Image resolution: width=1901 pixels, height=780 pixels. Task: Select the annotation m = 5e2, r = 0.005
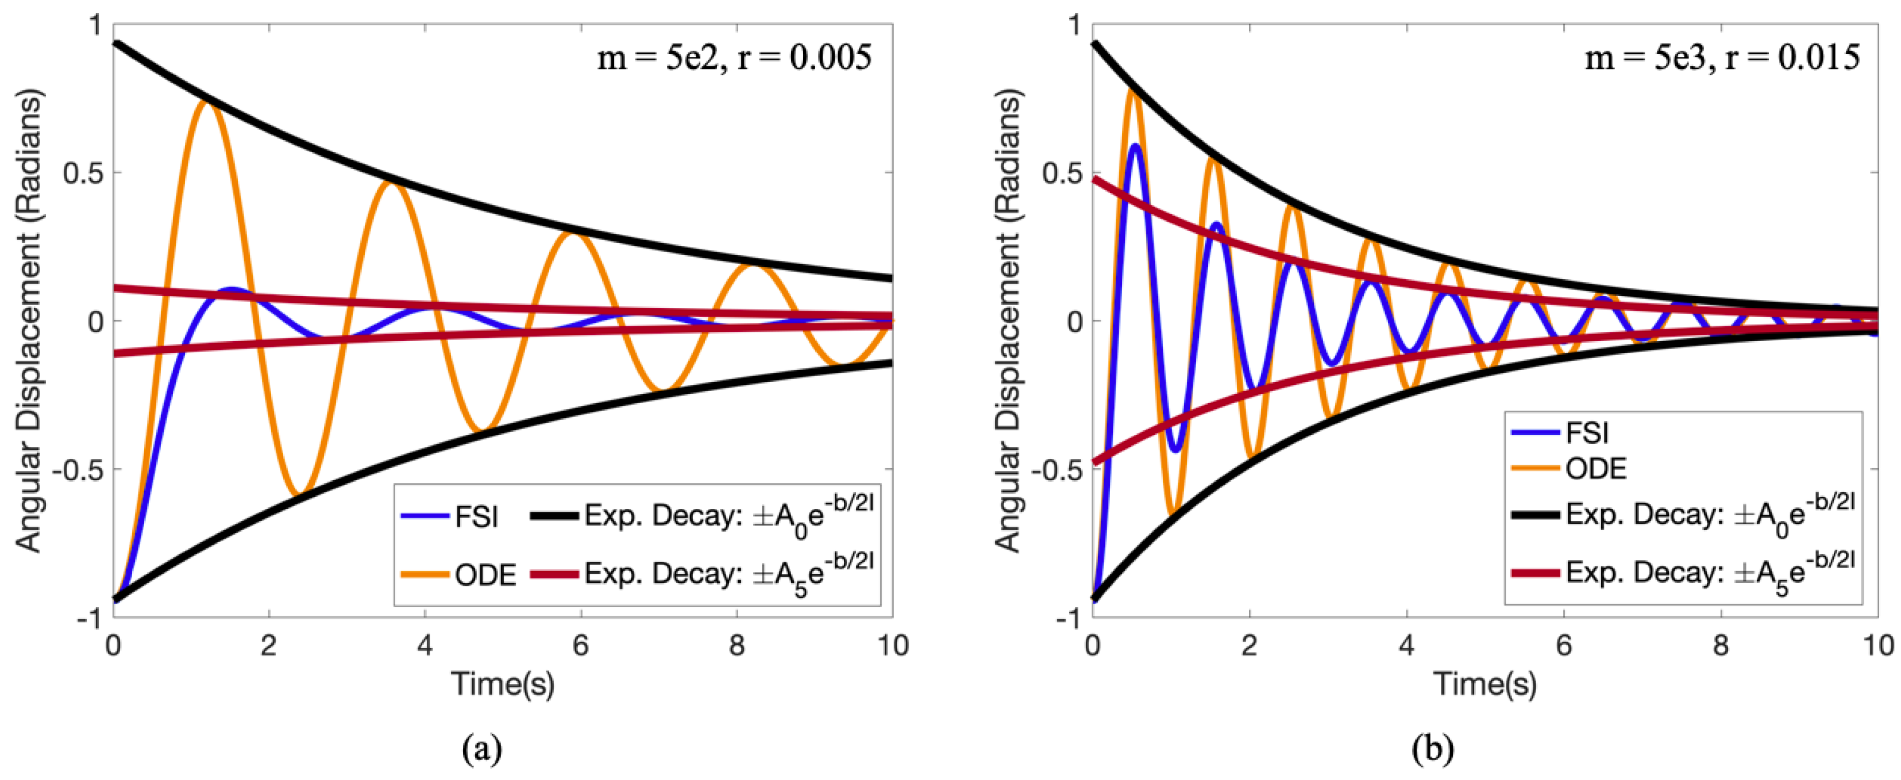pos(734,57)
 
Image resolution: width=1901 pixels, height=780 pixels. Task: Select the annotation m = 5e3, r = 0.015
pos(1722,57)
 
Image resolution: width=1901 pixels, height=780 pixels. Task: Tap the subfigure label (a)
pos(482,749)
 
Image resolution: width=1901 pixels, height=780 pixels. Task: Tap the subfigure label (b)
pos(1432,749)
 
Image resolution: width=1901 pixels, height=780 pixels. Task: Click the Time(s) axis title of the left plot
pos(503,684)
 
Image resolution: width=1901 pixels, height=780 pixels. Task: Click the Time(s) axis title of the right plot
pos(1485,684)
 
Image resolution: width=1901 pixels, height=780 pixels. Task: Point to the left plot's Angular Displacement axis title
pos(29,321)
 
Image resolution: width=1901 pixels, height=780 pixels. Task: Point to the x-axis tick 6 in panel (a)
pos(581,646)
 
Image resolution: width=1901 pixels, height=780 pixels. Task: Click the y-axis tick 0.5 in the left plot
pos(83,173)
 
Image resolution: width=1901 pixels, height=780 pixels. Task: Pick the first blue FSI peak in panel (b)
pos(1135,146)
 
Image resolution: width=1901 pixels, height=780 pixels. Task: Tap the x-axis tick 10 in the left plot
pos(892,646)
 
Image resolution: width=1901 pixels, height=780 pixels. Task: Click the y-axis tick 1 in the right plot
pos(1074,26)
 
